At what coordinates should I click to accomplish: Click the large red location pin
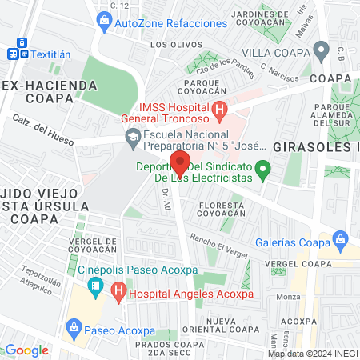click(x=180, y=163)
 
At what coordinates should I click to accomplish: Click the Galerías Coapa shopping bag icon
click(x=342, y=238)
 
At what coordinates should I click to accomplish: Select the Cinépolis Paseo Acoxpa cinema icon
click(x=96, y=286)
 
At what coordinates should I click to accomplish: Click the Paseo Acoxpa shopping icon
click(x=74, y=326)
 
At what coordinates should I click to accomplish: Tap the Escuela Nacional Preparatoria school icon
click(x=132, y=138)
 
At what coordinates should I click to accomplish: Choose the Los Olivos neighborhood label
click(x=169, y=45)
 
